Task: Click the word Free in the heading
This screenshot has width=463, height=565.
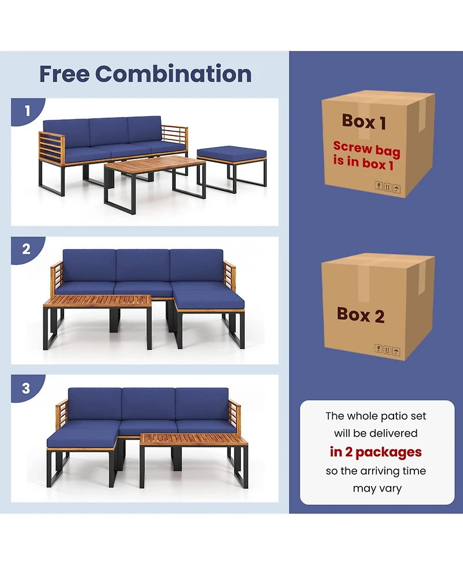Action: (64, 74)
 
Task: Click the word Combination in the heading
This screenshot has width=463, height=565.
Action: (173, 74)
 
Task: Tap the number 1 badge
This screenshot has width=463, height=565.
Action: (26, 110)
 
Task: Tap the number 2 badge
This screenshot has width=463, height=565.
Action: (26, 250)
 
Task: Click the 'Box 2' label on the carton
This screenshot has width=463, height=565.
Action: (360, 315)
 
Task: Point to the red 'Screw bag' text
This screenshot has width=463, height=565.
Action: (366, 149)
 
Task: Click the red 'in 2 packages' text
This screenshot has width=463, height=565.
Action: (376, 452)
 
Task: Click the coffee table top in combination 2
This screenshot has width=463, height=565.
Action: (98, 301)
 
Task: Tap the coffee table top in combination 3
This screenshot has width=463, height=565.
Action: (193, 439)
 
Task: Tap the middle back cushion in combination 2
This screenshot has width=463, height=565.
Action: (143, 265)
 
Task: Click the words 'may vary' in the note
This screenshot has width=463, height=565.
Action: (377, 489)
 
